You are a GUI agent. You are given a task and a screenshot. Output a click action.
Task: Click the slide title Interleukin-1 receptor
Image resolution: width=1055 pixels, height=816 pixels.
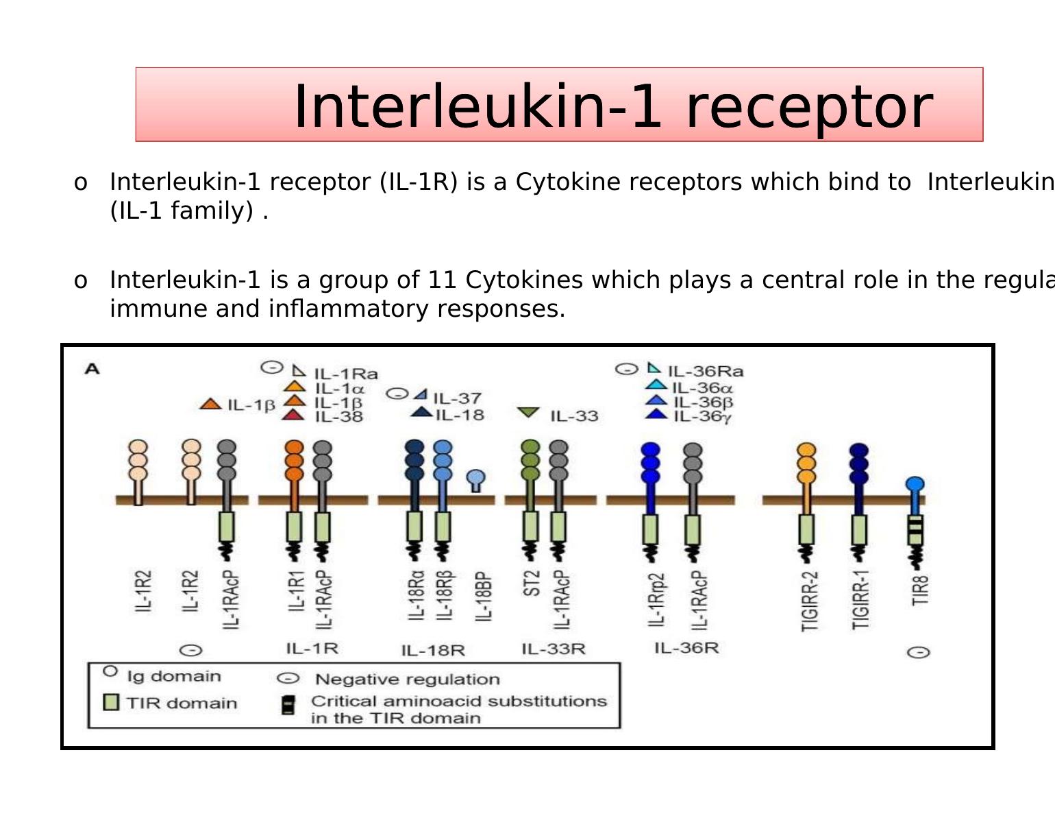(x=612, y=106)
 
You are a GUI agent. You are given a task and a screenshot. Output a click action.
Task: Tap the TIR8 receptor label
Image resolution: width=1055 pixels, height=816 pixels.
(x=920, y=590)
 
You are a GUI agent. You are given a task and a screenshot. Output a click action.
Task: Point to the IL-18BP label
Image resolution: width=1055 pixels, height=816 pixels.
(x=483, y=596)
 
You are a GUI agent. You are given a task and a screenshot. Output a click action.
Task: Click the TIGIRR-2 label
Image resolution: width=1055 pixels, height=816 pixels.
(x=809, y=601)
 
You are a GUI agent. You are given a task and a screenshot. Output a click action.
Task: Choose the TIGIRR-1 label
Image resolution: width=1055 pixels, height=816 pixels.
(x=860, y=599)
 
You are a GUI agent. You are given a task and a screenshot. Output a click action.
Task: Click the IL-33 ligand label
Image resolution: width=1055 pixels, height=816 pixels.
(x=574, y=416)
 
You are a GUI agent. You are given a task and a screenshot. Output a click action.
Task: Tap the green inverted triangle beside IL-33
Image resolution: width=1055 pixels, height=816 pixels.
(x=528, y=413)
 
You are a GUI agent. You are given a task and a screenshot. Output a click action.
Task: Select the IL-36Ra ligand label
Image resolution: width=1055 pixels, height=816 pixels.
(x=705, y=372)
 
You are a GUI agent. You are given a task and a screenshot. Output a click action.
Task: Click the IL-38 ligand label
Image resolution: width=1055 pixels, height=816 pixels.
(x=338, y=416)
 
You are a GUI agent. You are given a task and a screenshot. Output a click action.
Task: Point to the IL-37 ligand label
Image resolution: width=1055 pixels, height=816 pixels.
(x=457, y=398)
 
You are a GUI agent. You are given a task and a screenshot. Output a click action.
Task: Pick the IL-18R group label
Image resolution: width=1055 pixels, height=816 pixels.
(x=433, y=650)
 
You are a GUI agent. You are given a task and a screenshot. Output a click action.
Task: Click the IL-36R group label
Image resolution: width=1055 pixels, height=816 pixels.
(x=686, y=648)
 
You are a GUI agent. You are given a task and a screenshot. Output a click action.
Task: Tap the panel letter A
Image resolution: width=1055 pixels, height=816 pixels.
(x=92, y=369)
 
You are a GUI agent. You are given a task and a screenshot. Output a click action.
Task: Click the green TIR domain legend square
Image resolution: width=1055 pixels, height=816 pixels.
(x=110, y=702)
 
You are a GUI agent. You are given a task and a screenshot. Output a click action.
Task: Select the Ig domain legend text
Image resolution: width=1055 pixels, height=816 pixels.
(x=174, y=676)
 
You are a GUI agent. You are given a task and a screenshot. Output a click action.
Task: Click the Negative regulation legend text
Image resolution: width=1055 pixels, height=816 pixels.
(x=407, y=680)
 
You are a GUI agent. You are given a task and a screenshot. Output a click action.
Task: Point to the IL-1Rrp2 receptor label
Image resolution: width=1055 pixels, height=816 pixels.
(x=656, y=599)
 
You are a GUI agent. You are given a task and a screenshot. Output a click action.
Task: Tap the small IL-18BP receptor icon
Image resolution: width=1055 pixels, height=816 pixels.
(x=476, y=480)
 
